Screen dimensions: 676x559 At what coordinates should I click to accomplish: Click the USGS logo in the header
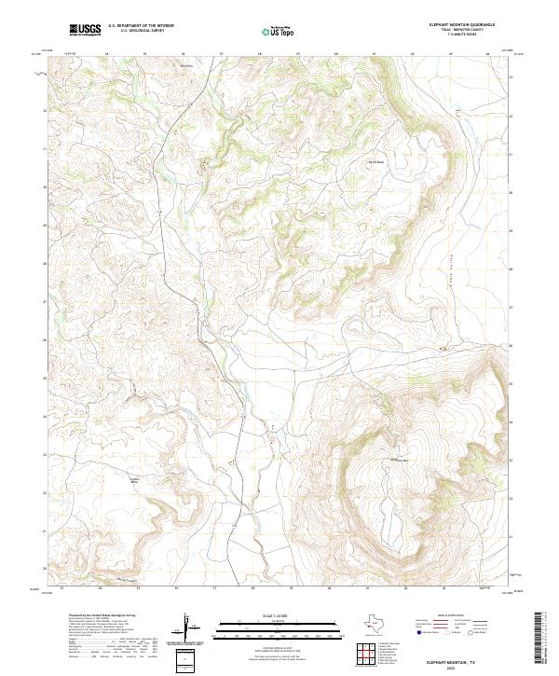(86, 30)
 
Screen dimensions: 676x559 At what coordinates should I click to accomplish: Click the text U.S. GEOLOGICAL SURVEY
(138, 32)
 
